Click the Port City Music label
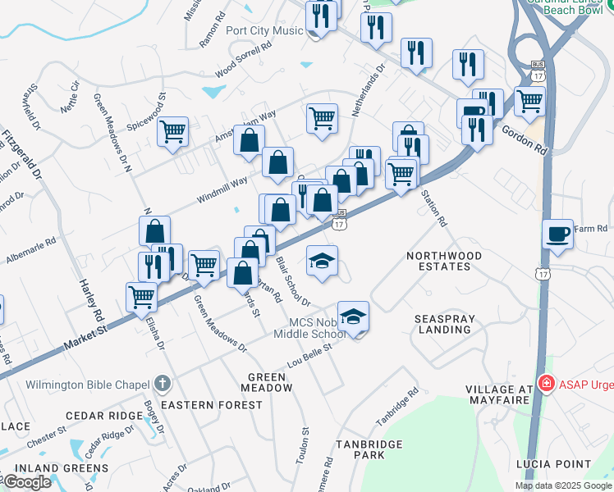tap(264, 31)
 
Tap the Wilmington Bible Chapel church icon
tap(163, 383)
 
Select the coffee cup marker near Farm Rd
tap(558, 234)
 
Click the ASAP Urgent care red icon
tap(545, 383)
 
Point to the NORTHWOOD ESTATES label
tap(444, 262)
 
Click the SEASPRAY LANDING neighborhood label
tap(442, 324)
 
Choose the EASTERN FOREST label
tap(212, 405)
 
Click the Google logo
tap(27, 481)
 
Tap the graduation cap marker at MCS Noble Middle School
tap(354, 316)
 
